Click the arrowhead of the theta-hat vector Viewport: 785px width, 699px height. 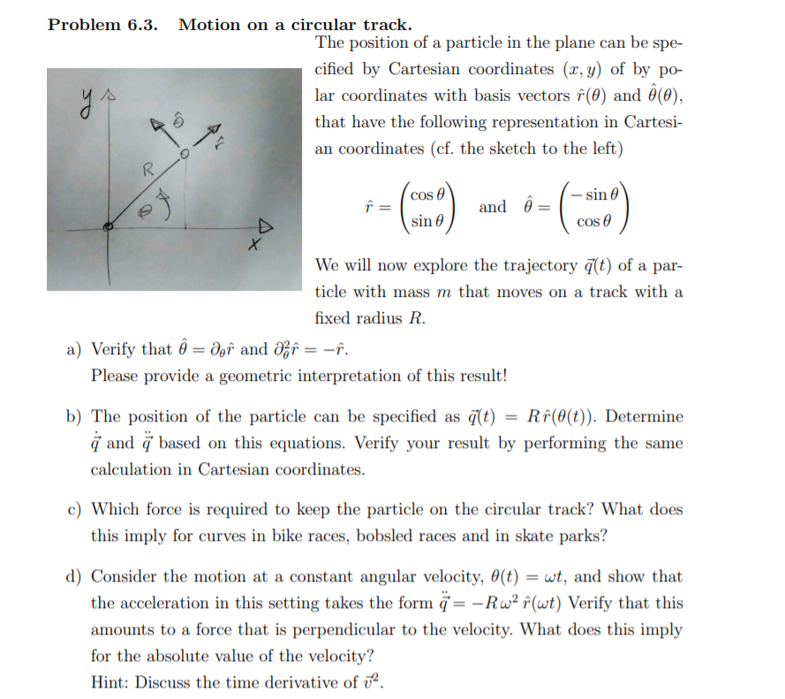[x=160, y=126]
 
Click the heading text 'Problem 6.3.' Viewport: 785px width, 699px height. [x=102, y=24]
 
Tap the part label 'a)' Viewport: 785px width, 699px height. [x=76, y=349]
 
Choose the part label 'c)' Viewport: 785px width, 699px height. [x=76, y=509]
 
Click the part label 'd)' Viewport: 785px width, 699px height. [x=76, y=577]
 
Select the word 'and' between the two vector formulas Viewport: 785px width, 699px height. [x=492, y=207]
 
